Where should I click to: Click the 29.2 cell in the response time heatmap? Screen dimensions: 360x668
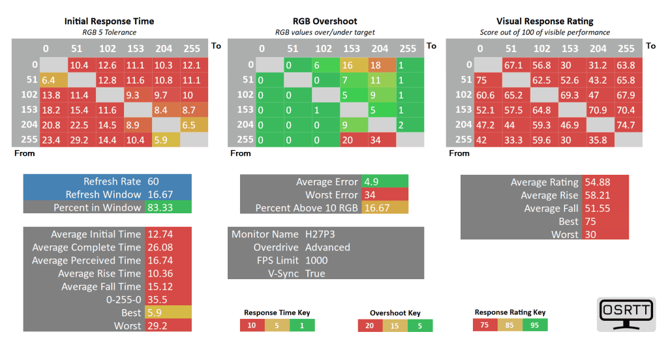pyautogui.click(x=79, y=139)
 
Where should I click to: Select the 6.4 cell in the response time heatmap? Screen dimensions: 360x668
pyautogui.click(x=52, y=80)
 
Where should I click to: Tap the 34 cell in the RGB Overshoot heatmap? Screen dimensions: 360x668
pyautogui.click(x=380, y=139)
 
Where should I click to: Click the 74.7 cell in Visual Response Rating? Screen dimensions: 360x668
pyautogui.click(x=626, y=124)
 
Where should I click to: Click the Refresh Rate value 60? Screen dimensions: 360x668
pyautogui.click(x=153, y=181)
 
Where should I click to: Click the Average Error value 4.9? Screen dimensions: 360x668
pyautogui.click(x=371, y=182)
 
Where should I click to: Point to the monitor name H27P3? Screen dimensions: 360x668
pyautogui.click(x=320, y=234)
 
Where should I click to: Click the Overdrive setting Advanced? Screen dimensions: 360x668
pyautogui.click(x=327, y=247)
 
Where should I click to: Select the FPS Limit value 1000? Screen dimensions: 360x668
pyautogui.click(x=316, y=260)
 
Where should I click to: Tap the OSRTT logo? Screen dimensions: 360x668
pyautogui.click(x=625, y=314)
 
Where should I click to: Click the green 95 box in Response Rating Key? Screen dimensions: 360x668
pyautogui.click(x=534, y=325)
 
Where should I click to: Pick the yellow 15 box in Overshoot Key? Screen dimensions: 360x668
pyautogui.click(x=394, y=325)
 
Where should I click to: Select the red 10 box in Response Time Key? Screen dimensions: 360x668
pyautogui.click(x=252, y=325)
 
